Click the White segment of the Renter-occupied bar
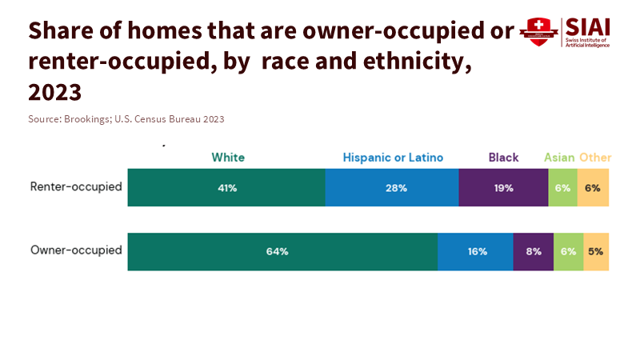[226, 188]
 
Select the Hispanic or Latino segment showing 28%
[392, 188]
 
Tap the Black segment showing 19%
[503, 188]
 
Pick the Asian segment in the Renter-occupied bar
[563, 188]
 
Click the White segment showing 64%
[282, 251]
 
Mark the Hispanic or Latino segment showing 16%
[475, 251]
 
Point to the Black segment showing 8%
[534, 251]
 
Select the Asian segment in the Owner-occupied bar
[569, 251]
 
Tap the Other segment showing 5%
[596, 251]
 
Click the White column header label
[228, 158]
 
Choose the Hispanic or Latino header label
[393, 158]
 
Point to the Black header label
[504, 158]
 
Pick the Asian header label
[559, 158]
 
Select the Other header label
[595, 158]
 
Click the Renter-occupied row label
[76, 187]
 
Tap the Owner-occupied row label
[76, 250]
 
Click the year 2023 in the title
[55, 93]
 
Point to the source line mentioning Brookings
[126, 119]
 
